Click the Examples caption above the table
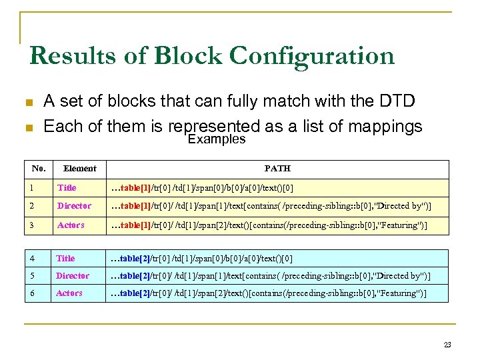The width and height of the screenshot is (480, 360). click(217, 139)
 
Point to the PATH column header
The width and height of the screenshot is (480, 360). click(277, 169)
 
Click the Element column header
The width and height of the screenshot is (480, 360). click(79, 169)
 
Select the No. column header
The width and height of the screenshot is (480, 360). click(38, 168)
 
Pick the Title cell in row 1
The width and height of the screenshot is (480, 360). click(67, 188)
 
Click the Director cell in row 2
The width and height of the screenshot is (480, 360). click(74, 206)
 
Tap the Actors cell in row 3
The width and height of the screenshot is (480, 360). click(71, 225)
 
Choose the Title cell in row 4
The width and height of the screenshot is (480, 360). click(65, 259)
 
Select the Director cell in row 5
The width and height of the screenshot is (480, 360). click(73, 276)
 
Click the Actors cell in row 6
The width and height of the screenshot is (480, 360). click(69, 293)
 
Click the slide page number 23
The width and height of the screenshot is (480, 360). click(447, 345)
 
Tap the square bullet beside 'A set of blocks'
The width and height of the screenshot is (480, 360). click(29, 103)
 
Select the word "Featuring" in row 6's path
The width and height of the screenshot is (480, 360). click(399, 293)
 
